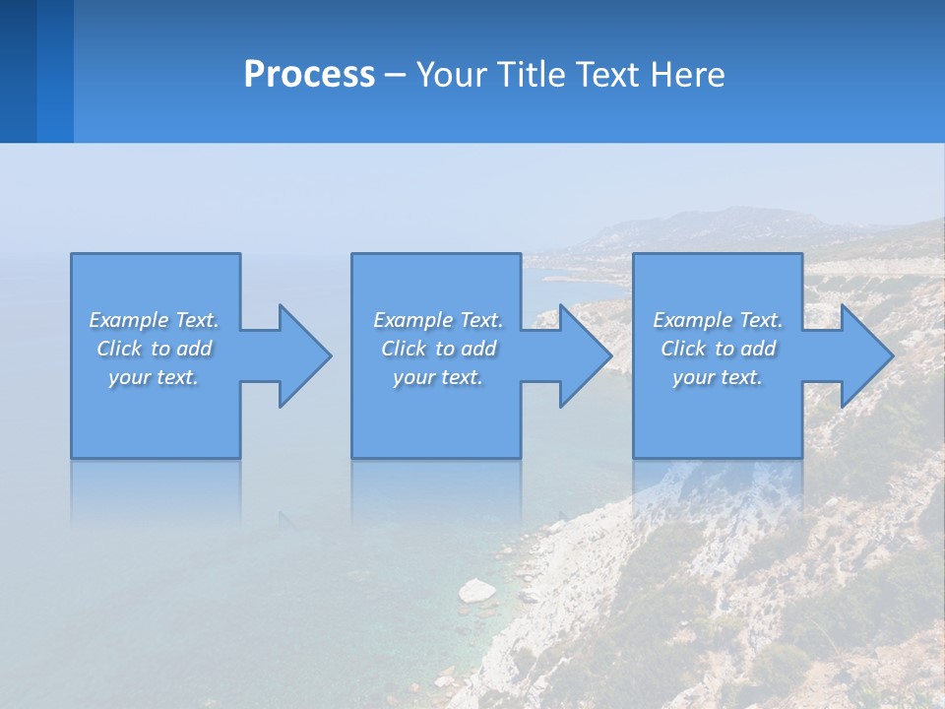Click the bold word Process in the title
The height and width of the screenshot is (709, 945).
(309, 75)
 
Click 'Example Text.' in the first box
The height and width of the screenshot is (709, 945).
(154, 320)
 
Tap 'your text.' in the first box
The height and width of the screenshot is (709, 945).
(154, 377)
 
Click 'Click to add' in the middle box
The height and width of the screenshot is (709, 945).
(438, 349)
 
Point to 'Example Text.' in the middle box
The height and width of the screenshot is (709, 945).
(438, 320)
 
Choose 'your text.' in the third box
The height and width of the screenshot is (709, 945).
(717, 377)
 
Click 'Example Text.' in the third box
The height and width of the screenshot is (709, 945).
(717, 320)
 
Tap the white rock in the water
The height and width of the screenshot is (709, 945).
(477, 590)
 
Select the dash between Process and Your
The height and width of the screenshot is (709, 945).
(395, 76)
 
